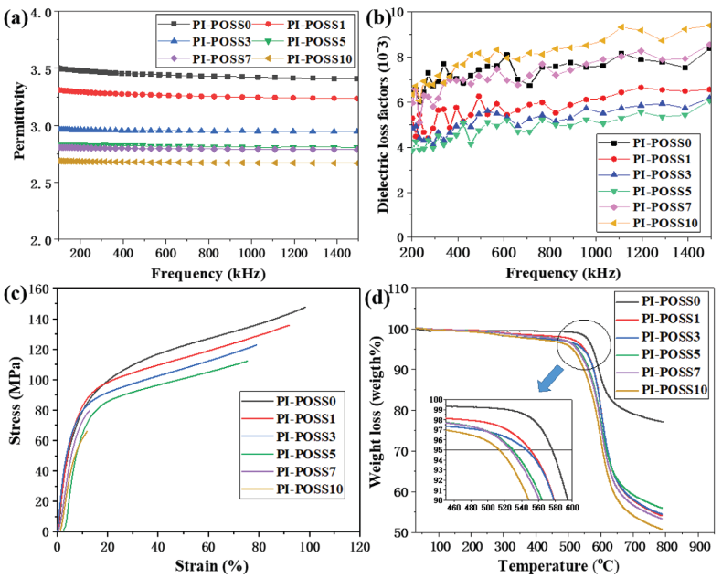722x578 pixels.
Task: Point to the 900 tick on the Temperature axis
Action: (x=700, y=546)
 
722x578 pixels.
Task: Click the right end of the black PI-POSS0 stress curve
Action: (x=305, y=308)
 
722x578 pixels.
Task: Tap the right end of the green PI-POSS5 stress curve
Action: (x=248, y=361)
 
